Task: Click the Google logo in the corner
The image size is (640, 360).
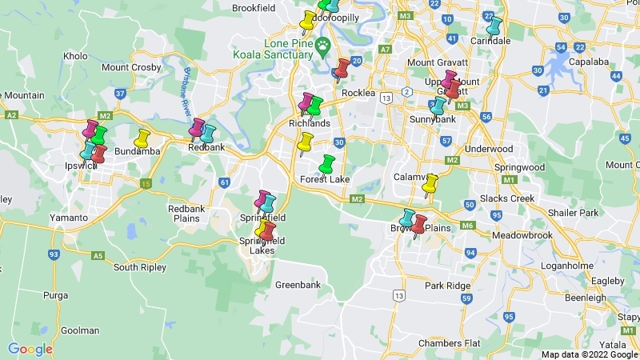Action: click(x=30, y=349)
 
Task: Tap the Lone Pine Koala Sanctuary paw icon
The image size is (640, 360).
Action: click(x=322, y=43)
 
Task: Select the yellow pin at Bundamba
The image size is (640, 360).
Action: click(x=142, y=138)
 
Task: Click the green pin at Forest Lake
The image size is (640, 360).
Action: click(x=326, y=164)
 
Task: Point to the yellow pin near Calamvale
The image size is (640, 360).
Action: click(x=430, y=185)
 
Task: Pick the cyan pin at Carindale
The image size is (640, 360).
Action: click(x=494, y=26)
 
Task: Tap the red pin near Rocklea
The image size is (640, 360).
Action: click(x=342, y=69)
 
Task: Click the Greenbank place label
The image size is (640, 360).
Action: click(x=298, y=285)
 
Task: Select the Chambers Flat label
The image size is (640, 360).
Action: click(x=450, y=343)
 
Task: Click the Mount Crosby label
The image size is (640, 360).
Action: click(x=131, y=67)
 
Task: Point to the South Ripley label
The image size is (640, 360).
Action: click(x=138, y=266)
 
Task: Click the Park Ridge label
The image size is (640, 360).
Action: click(x=448, y=286)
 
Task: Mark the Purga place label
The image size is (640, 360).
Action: click(x=56, y=295)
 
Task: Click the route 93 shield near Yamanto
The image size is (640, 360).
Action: click(x=54, y=255)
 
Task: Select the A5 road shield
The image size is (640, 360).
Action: click(x=98, y=256)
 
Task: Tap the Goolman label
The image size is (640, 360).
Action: click(x=80, y=330)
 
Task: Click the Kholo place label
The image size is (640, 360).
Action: click(x=75, y=57)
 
